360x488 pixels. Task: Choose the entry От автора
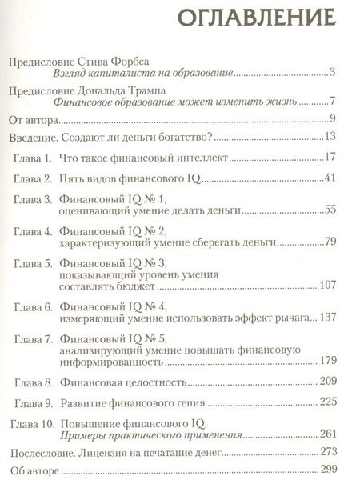31,121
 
